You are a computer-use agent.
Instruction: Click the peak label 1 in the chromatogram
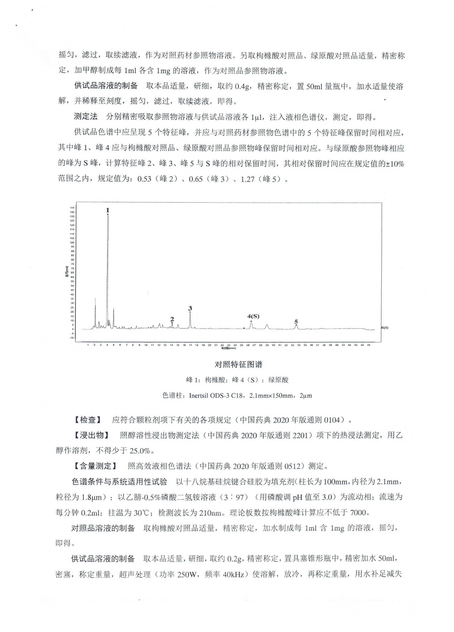point(108,210)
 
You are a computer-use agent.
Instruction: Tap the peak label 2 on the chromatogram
point(172,319)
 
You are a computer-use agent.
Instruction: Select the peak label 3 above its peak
point(190,308)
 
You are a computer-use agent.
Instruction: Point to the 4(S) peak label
point(253,316)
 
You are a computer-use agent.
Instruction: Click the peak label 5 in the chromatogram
point(296,322)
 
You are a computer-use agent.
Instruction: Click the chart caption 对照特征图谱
point(238,364)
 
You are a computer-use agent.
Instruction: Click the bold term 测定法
point(86,117)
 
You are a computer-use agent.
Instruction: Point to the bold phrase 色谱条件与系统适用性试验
point(120,482)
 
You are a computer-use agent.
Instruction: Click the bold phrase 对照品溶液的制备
point(103,528)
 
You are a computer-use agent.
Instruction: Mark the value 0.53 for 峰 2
point(144,179)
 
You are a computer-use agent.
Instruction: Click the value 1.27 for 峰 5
point(247,179)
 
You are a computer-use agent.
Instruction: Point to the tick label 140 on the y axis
point(72,208)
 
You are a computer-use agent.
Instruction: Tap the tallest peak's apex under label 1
point(108,215)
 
